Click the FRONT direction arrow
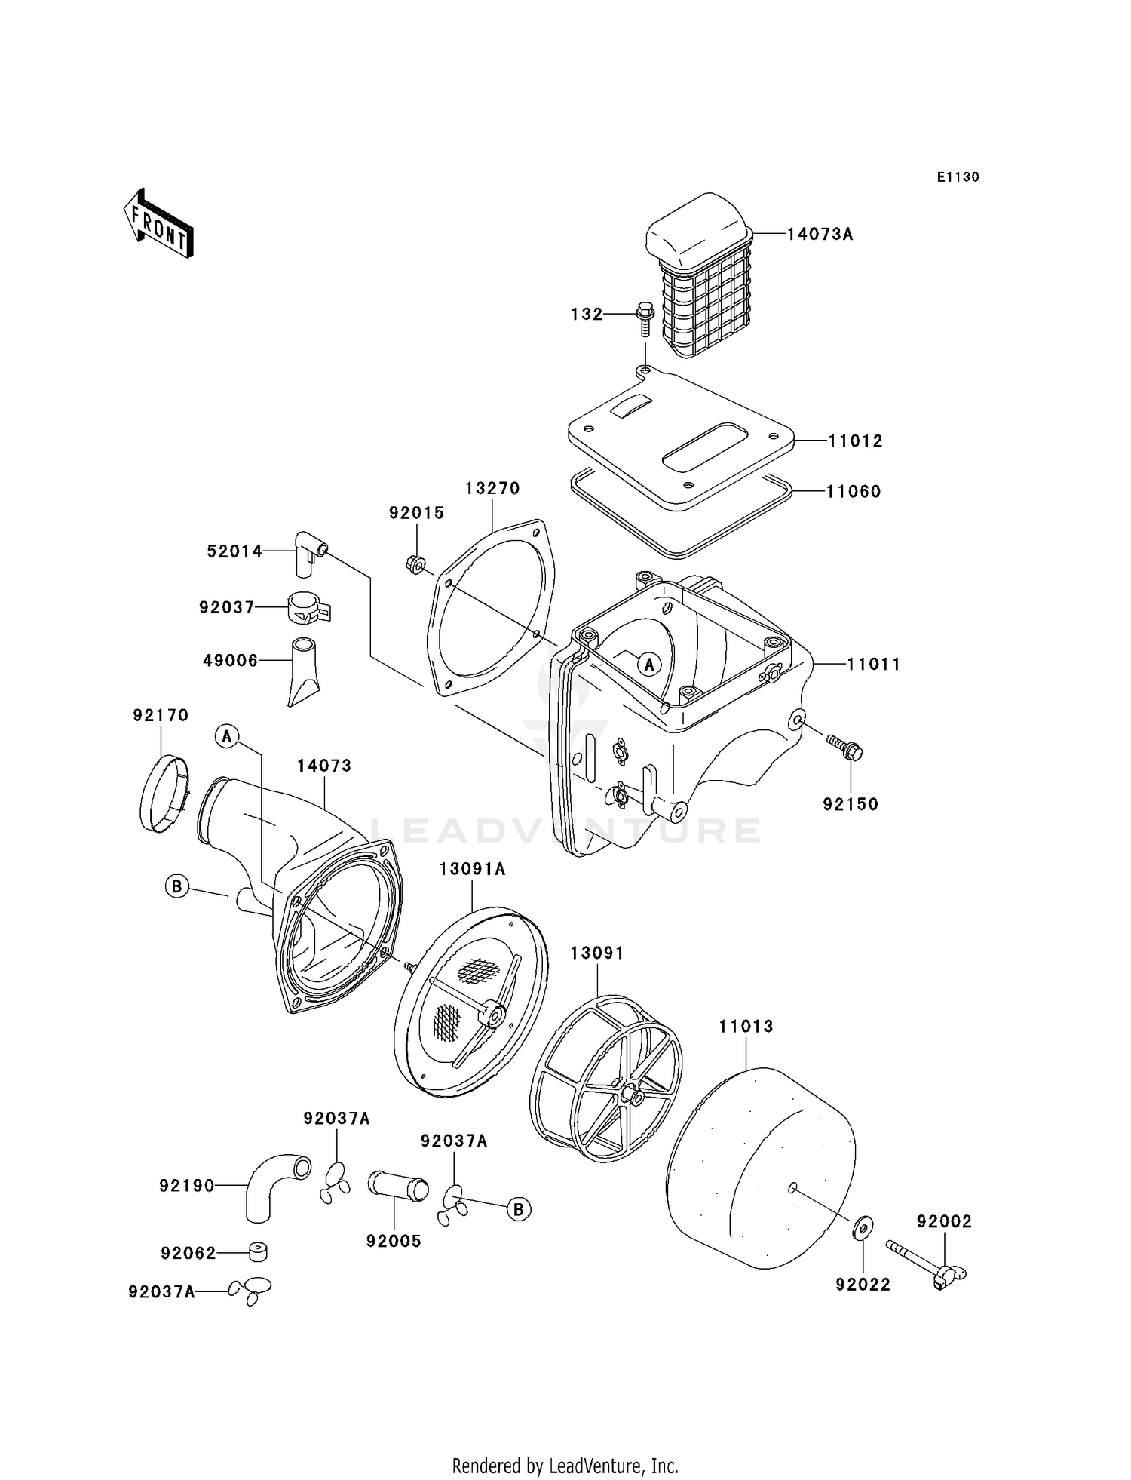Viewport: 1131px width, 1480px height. (158, 225)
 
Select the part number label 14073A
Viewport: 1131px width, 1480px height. (820, 235)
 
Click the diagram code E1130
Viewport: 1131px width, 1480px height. (958, 177)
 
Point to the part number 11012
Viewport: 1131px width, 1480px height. (855, 441)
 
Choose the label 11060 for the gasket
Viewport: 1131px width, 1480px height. (854, 492)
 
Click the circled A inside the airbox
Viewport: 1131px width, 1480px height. (648, 664)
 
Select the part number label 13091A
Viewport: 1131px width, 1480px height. (472, 870)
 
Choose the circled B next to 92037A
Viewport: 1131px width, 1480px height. (518, 1209)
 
